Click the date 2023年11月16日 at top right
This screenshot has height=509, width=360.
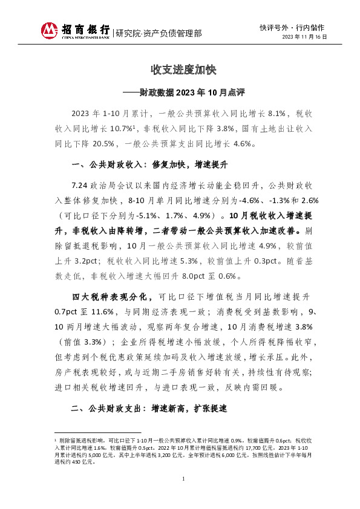pyautogui.click(x=305, y=37)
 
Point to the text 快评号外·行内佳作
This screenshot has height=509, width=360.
pyautogui.click(x=292, y=27)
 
